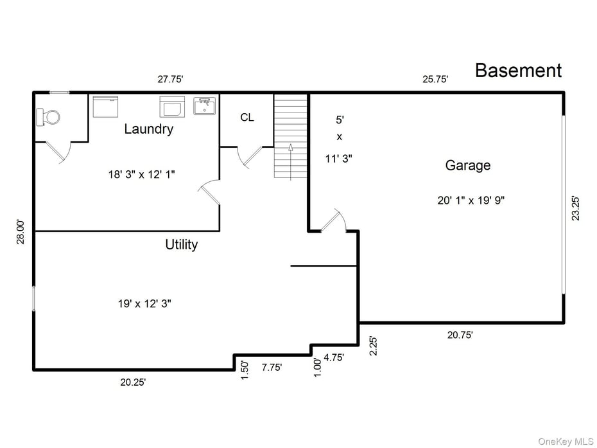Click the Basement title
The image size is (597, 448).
518,71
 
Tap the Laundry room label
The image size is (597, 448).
148,129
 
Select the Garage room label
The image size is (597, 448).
468,165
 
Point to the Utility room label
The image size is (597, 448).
181,244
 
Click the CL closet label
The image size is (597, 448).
247,118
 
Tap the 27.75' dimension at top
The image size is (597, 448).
171,80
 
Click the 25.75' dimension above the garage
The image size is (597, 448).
435,80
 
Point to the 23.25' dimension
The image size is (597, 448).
576,208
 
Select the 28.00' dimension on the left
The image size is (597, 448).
21,232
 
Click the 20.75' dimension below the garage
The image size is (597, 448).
460,334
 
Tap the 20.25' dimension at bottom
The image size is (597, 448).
133,382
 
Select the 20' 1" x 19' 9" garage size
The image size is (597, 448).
471,200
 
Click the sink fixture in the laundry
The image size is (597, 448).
205,106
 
